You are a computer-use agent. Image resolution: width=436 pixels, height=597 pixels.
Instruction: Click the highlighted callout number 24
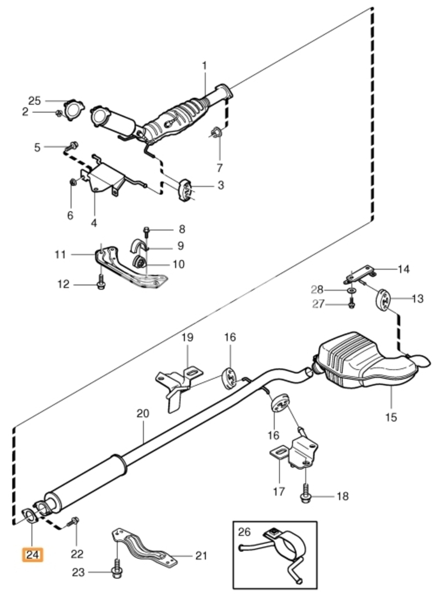click(x=33, y=555)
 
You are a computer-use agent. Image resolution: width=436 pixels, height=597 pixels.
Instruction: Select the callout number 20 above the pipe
click(x=143, y=413)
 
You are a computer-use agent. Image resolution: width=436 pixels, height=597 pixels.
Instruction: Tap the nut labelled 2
click(x=59, y=113)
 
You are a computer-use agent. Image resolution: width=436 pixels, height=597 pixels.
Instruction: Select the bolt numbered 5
click(x=71, y=146)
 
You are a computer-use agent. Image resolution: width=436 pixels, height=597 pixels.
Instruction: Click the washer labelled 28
click(x=352, y=291)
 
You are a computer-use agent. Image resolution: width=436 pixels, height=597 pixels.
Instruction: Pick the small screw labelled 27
click(x=352, y=304)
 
